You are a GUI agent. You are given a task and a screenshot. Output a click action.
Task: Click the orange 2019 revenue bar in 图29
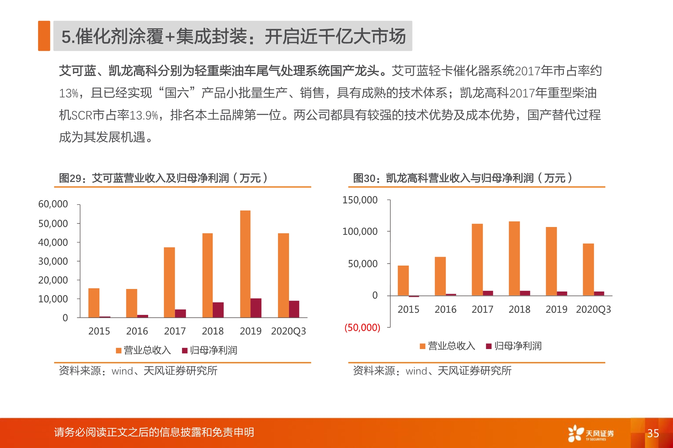[x=245, y=264]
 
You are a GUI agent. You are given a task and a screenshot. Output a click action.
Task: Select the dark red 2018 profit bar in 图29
[x=218, y=310]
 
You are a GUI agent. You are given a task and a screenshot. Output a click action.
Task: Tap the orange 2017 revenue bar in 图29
[x=169, y=282]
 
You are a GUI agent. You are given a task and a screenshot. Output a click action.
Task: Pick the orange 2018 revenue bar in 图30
[x=514, y=259]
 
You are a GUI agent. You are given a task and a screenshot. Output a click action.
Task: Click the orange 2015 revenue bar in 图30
[x=403, y=281]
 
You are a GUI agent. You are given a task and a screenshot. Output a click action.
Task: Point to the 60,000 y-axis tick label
[x=53, y=204]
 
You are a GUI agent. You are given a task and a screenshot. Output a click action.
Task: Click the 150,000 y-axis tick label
[x=360, y=200]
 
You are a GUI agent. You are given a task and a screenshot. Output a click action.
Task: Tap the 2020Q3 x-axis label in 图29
[x=288, y=331]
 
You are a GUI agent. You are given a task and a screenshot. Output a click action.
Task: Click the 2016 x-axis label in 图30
[x=445, y=310]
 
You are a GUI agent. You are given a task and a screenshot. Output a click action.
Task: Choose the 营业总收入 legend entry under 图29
[x=144, y=350]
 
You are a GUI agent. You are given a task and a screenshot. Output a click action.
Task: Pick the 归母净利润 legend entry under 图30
[x=514, y=346]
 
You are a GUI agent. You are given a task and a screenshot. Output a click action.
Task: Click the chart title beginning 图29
[x=163, y=178]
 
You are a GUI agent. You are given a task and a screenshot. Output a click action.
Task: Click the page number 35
[x=653, y=433]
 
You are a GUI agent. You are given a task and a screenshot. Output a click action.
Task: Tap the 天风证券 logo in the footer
[x=591, y=433]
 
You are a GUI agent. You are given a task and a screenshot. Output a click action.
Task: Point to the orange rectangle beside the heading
[x=44, y=36]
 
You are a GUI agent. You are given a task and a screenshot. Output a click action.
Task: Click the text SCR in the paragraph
[x=82, y=115]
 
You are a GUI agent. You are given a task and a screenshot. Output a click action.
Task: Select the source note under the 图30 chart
[x=432, y=371]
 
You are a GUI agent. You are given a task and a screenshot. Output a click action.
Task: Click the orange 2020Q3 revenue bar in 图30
[x=588, y=269]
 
